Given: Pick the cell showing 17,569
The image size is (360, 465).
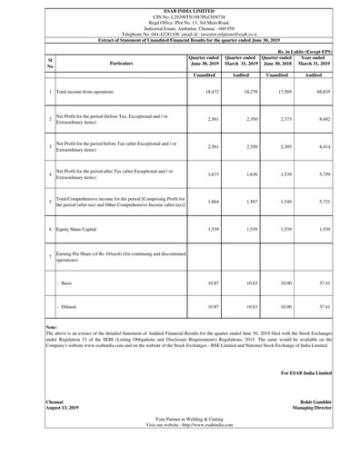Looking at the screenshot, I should pyautogui.click(x=283, y=118).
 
